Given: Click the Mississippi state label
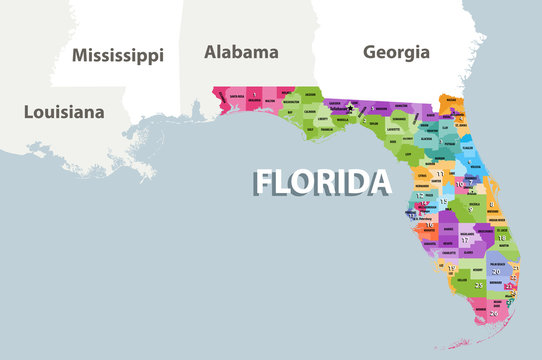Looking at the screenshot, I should (117, 55).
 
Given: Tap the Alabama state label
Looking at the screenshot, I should (241, 51).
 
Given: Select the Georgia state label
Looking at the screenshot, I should (396, 51).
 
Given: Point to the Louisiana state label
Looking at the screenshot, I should (64, 112).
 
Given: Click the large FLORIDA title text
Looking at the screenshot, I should (322, 182).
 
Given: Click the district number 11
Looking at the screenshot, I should (440, 174).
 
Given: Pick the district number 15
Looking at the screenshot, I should (443, 202).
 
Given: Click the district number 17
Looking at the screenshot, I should (466, 241).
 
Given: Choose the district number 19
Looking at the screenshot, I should (452, 268).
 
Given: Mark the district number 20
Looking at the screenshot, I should (496, 271).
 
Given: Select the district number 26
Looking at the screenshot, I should (493, 314).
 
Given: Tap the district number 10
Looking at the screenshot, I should (462, 185).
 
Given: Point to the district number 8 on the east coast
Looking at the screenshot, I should (491, 204).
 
